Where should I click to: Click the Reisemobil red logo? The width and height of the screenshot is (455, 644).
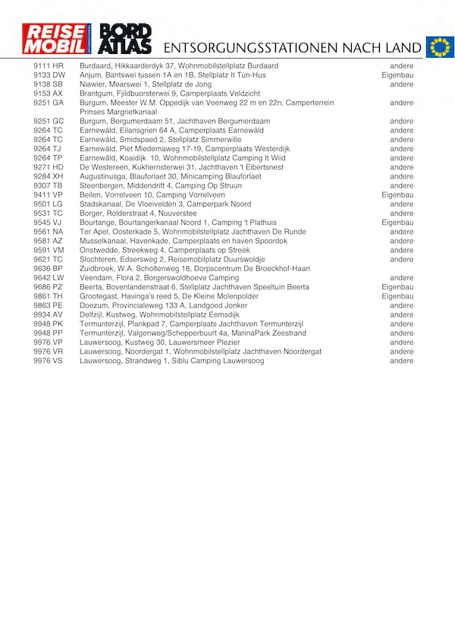(x=57, y=39)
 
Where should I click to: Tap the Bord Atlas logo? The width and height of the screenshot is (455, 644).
(x=126, y=39)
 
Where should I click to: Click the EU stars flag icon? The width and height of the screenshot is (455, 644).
(x=439, y=47)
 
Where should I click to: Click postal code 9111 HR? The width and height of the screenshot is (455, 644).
(x=49, y=66)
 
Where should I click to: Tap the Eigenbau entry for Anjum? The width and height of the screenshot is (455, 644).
(x=397, y=75)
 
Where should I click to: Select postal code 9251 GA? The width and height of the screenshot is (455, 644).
(x=49, y=103)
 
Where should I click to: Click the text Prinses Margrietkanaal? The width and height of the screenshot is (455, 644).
(x=118, y=112)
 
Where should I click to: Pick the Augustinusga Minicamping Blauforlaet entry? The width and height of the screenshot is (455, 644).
(x=171, y=176)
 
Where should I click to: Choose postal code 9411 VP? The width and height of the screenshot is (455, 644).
(x=49, y=194)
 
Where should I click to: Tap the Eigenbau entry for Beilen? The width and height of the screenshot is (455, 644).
(x=397, y=194)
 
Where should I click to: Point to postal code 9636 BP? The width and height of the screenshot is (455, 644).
(x=49, y=268)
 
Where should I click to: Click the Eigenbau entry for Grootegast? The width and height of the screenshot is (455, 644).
(x=397, y=296)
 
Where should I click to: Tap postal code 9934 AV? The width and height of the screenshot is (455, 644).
(x=49, y=314)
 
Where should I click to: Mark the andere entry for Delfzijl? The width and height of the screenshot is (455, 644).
(x=402, y=314)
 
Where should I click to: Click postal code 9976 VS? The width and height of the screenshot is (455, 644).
(x=49, y=361)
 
